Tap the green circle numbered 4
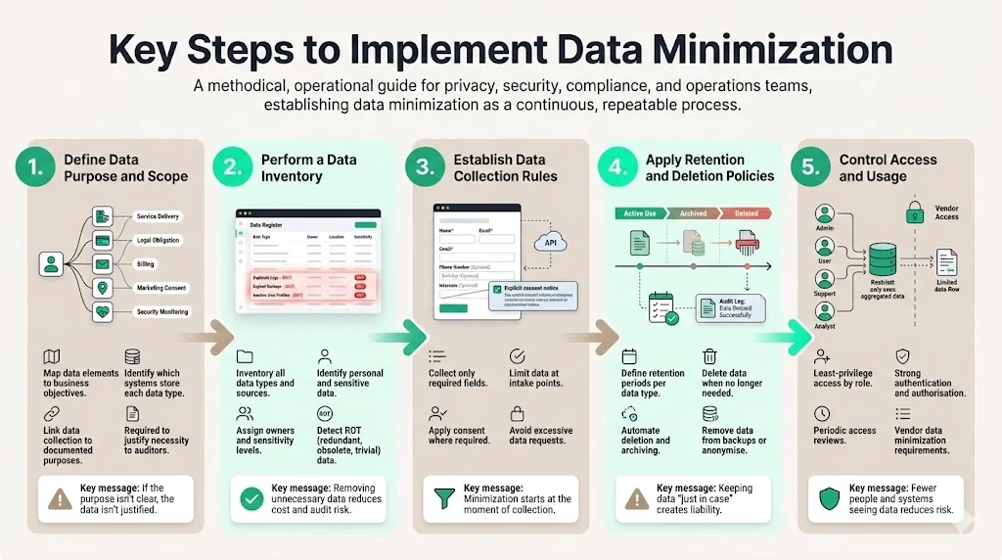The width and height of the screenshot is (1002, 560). pyautogui.click(x=617, y=167)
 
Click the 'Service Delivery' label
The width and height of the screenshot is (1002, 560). pyautogui.click(x=158, y=216)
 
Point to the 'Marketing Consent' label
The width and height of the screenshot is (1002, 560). pyautogui.click(x=161, y=288)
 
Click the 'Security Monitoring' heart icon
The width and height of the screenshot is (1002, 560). pyautogui.click(x=102, y=312)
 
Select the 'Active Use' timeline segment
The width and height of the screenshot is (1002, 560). pyautogui.click(x=641, y=212)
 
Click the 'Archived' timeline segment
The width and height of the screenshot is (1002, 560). pyautogui.click(x=693, y=212)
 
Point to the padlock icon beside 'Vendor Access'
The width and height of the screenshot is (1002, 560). pyautogui.click(x=915, y=211)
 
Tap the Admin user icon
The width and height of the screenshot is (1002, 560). pyautogui.click(x=825, y=214)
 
